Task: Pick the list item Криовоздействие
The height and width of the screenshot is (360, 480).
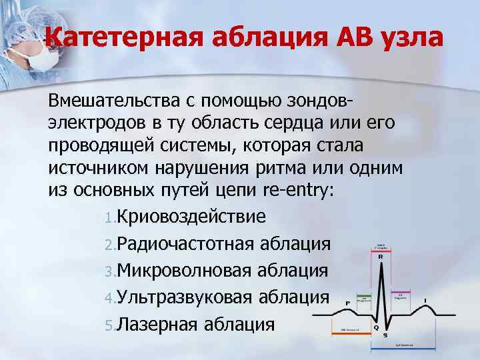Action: [x=192, y=217]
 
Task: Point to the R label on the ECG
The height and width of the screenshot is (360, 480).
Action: [x=380, y=256]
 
